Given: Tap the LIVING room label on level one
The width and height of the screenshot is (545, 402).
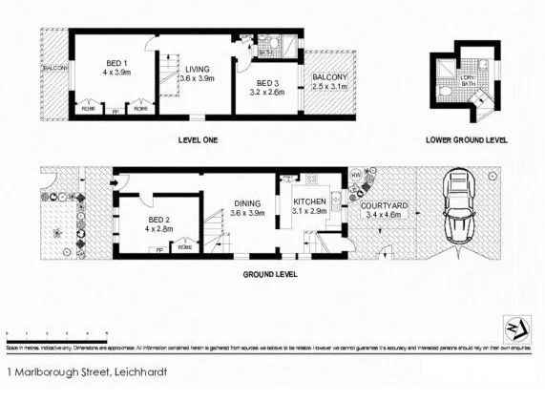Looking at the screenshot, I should point(198,68).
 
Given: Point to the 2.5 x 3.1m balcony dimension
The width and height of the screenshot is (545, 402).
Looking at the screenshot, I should point(331,86).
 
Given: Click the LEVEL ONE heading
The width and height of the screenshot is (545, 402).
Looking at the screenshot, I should point(198,140).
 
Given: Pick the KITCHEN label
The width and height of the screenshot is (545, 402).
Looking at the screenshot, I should point(310,201).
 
